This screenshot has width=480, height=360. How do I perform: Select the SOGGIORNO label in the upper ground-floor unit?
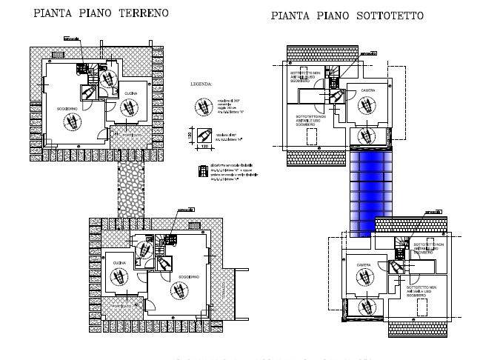[x=68, y=109]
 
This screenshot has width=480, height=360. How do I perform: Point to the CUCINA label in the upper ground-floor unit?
[x=130, y=93]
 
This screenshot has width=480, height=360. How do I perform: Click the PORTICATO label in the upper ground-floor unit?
[x=131, y=135]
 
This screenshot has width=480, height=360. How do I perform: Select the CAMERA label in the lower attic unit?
[x=363, y=264]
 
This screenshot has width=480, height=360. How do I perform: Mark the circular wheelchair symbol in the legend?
[x=200, y=106]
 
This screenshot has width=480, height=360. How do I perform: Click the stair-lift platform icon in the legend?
[x=201, y=171]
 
